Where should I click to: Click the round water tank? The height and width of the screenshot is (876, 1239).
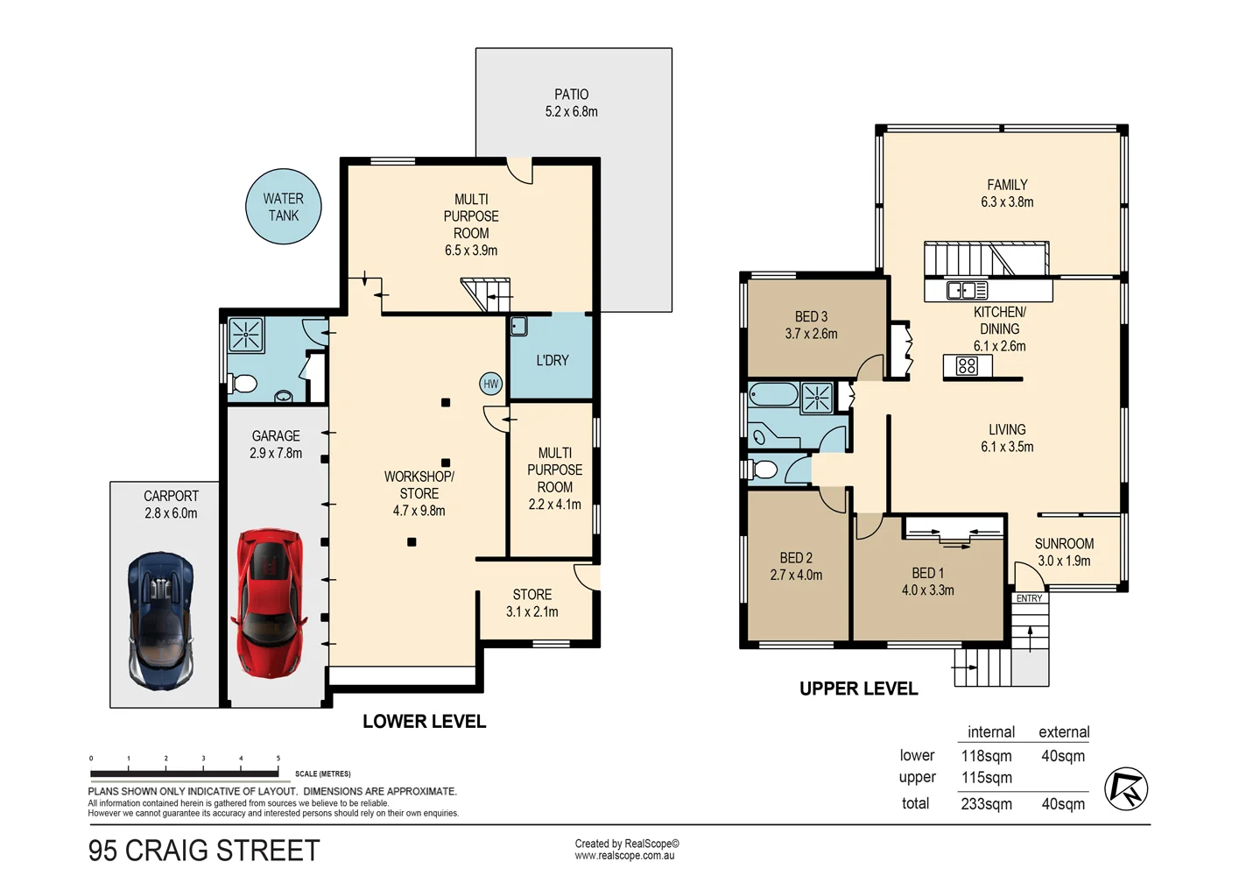pos(283,207)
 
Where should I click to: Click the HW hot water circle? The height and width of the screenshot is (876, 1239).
pos(490,384)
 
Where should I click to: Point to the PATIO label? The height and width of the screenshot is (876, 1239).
pos(571,95)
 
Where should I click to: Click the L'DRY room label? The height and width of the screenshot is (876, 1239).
pos(553,360)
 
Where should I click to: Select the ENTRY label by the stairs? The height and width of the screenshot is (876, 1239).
pos(1029,598)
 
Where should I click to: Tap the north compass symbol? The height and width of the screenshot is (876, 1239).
pos(1125,788)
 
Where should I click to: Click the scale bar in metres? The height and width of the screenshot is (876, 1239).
pos(184,774)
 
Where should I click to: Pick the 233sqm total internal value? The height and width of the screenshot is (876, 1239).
pos(986,803)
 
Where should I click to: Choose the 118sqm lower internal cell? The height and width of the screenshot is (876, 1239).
pos(986,756)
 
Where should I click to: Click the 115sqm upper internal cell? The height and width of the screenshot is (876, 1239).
pos(986,778)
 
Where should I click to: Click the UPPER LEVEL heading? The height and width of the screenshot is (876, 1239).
pos(858,689)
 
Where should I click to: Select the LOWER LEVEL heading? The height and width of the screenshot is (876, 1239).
pos(424,721)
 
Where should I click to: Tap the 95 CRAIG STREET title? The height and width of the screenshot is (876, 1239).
pos(204,851)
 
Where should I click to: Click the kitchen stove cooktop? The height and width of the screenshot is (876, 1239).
pos(967,366)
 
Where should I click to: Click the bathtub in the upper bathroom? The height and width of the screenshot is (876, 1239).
pos(773,395)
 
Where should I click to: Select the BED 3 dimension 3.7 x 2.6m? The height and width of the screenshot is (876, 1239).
pos(811,334)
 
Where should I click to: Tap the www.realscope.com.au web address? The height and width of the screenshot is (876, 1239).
pos(624,856)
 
